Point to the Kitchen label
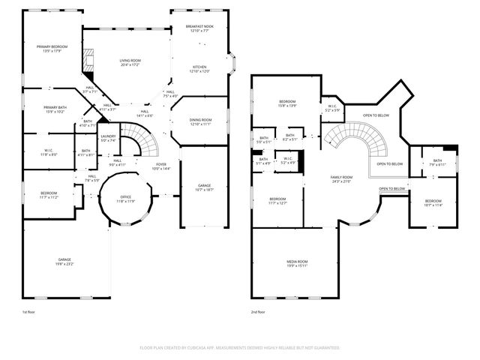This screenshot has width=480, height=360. [199, 69]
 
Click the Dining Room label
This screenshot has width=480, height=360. [199, 121]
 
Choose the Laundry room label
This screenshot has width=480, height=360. [109, 138]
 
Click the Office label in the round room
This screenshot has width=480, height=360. [125, 199]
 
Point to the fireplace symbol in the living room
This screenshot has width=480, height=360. [90, 63]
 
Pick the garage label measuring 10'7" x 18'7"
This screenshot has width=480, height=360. [204, 187]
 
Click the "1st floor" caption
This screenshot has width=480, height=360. [28, 311]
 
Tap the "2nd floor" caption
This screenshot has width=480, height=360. [259, 311]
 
